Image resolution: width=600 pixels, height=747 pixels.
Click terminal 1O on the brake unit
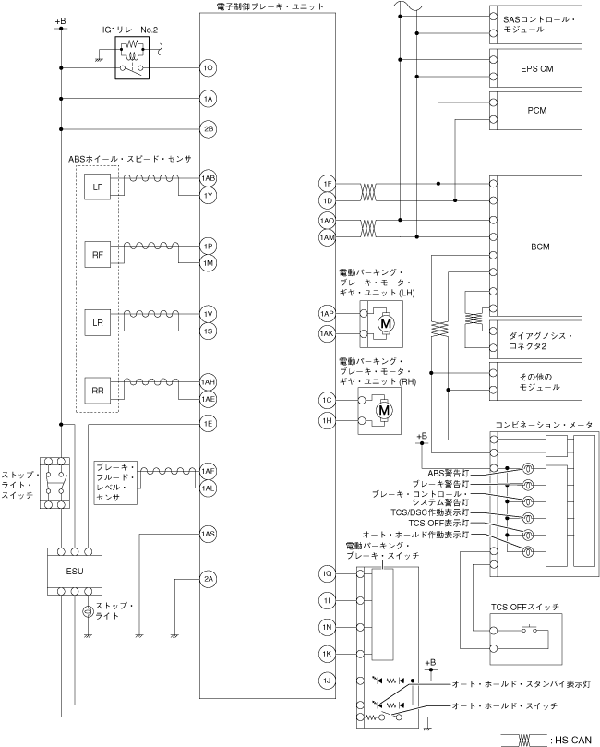[208, 68]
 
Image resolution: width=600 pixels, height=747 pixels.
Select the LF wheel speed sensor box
[98, 187]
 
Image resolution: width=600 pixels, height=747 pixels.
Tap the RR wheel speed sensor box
[98, 391]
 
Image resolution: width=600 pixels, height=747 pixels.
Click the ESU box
[75, 572]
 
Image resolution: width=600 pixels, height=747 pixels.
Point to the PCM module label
[537, 110]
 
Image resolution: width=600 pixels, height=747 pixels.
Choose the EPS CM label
[537, 68]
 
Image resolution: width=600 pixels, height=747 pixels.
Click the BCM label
[541, 247]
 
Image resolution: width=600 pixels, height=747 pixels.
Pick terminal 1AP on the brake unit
[327, 313]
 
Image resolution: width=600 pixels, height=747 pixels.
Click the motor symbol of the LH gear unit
[385, 324]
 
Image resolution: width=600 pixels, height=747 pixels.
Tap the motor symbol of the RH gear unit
[384, 410]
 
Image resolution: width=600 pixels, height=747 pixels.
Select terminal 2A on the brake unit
[208, 579]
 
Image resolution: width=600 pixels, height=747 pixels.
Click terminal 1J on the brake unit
[327, 681]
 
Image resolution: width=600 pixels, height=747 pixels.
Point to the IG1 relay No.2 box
[132, 57]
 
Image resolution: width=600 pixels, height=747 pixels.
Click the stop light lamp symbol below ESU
[88, 611]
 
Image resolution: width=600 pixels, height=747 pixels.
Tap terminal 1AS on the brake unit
[208, 534]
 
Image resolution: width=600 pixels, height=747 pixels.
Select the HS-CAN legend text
[573, 740]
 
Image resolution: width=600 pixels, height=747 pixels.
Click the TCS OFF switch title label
[525, 608]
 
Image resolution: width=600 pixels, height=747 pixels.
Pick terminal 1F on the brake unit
[327, 184]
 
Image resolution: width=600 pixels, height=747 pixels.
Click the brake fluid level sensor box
[115, 483]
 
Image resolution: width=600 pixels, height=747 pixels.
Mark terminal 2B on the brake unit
[208, 129]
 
